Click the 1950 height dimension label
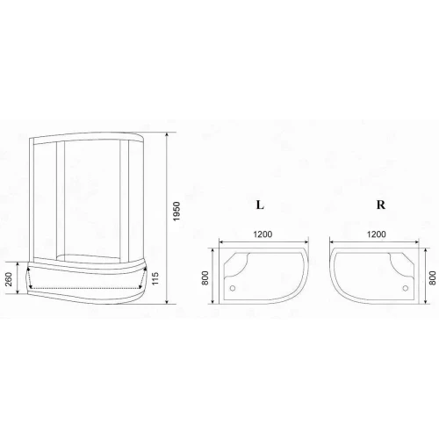176,212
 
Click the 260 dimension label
9,279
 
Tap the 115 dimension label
155,278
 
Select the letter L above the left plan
260,205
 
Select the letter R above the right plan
381,205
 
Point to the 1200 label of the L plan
263,234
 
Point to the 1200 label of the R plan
377,234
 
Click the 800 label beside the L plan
205,277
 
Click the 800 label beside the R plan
433,277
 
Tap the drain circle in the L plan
233,288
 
